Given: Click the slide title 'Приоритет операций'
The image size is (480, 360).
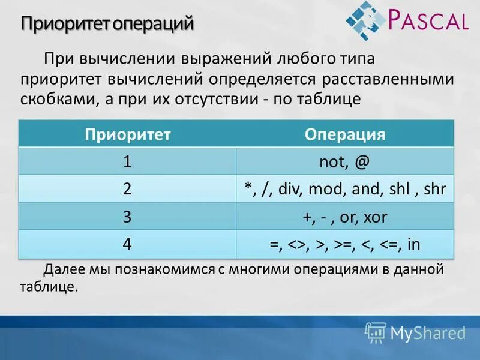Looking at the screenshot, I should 108,25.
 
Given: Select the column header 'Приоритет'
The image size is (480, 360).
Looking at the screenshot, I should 128,134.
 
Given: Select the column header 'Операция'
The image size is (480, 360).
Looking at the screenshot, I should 345,134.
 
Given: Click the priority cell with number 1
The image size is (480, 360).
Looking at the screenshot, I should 128,161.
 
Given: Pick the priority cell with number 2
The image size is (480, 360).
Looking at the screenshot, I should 128,189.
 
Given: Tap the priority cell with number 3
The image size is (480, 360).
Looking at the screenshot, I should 128,217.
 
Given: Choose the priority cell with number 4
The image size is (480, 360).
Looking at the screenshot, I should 128,244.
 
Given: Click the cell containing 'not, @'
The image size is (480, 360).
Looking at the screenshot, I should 345,162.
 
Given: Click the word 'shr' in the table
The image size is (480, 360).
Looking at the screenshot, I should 434,190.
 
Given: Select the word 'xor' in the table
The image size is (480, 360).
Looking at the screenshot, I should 375,217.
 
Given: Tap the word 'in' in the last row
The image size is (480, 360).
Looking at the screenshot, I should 413,245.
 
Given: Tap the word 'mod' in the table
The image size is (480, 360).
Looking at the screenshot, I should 327,190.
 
